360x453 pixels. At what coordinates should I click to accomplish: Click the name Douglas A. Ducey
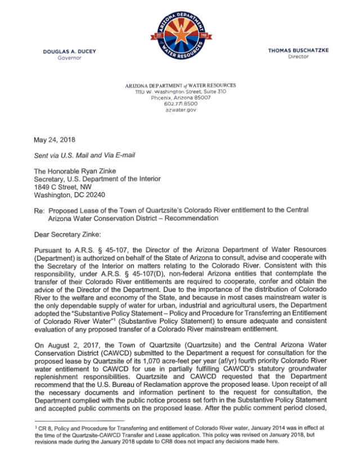tap(70, 51)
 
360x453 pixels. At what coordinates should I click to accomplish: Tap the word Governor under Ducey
tap(70, 58)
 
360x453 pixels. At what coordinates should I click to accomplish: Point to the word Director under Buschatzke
tap(298, 57)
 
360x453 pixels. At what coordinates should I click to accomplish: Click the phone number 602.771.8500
tap(181, 103)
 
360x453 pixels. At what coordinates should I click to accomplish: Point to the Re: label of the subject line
tap(40, 210)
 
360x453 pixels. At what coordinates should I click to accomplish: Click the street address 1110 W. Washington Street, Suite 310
tap(181, 91)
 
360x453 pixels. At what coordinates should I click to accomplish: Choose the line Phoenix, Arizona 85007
tap(181, 97)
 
